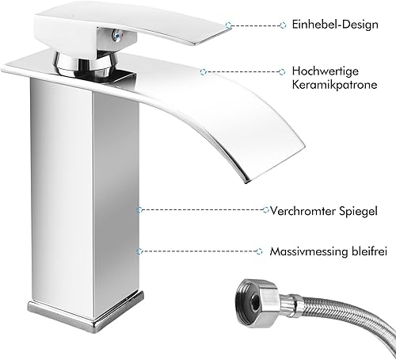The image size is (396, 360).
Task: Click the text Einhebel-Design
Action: pos(335,25)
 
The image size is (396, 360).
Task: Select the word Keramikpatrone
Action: pos(334,85)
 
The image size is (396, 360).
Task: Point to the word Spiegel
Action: pos(358,212)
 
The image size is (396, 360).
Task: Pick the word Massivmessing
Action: pos(309,251)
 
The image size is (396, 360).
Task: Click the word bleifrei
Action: pos(369,251)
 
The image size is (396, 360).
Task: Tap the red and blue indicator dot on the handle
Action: pos(116,36)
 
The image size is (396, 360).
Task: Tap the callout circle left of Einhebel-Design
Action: pos(283,25)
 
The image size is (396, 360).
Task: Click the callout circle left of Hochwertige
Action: pos(282,71)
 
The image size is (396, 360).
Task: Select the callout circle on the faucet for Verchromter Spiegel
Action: pos(139,210)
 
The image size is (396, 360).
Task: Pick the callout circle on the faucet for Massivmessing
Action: pos(139,251)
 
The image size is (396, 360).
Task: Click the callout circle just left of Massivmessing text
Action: pos(260,251)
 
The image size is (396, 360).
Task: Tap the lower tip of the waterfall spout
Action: pos(247,182)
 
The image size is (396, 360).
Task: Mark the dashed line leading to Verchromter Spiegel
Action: pos(202,210)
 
